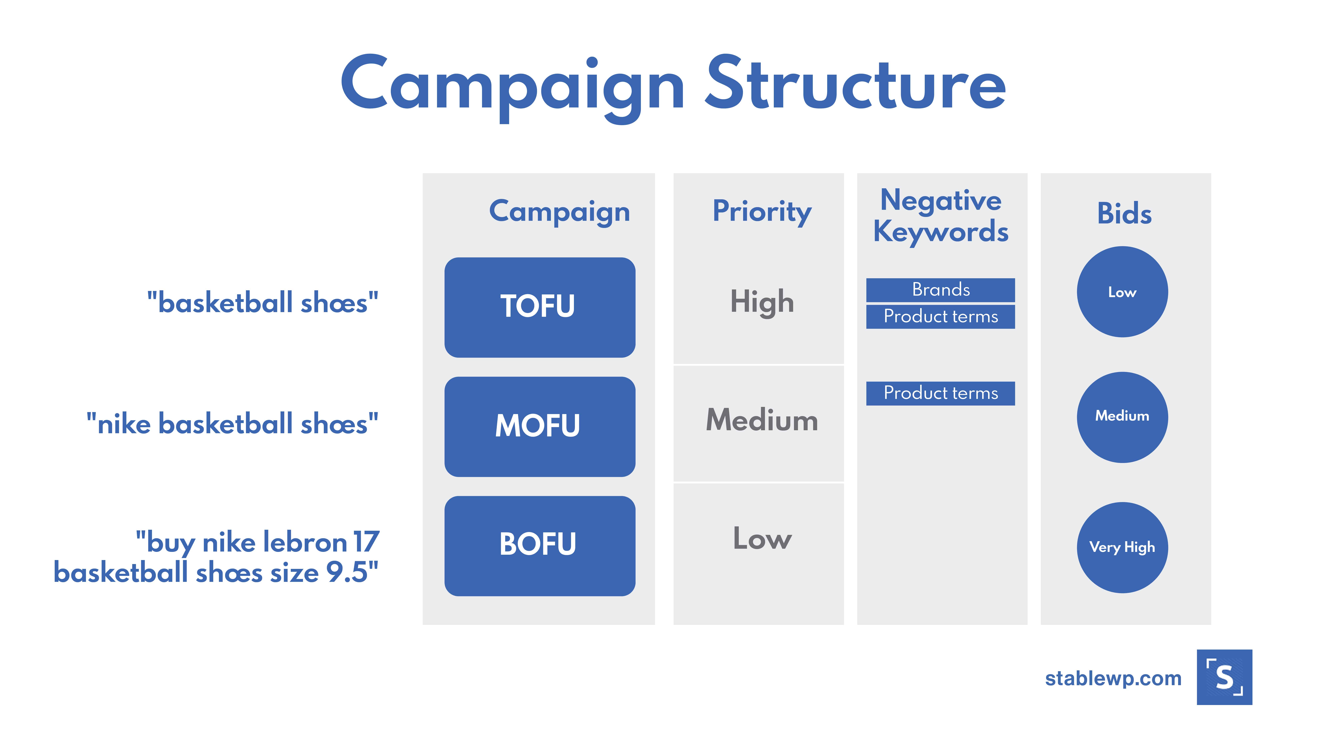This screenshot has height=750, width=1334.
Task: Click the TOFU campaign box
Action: pyautogui.click(x=540, y=307)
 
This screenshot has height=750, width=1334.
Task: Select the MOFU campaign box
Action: pyautogui.click(x=540, y=427)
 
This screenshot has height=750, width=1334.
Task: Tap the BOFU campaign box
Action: pyautogui.click(x=540, y=546)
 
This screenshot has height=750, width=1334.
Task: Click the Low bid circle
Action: pyautogui.click(x=1122, y=292)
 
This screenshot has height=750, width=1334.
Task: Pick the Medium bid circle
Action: pyautogui.click(x=1122, y=417)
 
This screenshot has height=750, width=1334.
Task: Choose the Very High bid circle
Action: pyautogui.click(x=1122, y=548)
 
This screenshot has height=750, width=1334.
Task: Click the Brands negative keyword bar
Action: pyautogui.click(x=940, y=290)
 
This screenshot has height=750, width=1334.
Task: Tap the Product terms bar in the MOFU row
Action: pyautogui.click(x=940, y=393)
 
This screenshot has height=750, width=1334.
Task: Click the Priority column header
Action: pyautogui.click(x=762, y=212)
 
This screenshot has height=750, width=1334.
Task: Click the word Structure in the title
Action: pyautogui.click(x=855, y=83)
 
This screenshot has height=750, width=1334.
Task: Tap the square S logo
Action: pyautogui.click(x=1224, y=677)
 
